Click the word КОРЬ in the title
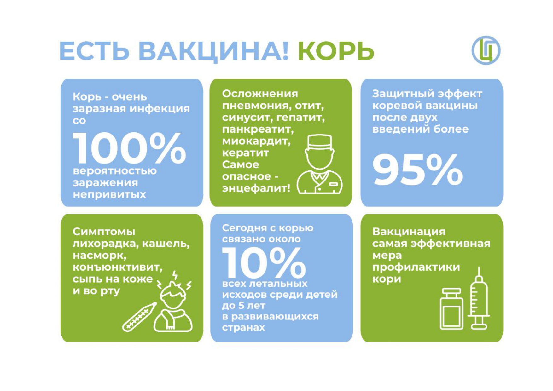tap(336, 51)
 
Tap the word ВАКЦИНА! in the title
tap(213, 51)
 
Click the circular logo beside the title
tap(486, 50)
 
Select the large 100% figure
tap(129, 148)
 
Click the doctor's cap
tap(319, 142)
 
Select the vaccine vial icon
tap(451, 309)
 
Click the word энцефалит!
tap(256, 188)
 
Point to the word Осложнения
tap(260, 94)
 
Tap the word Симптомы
tap(104, 232)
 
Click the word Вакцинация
tap(409, 232)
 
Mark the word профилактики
tap(416, 267)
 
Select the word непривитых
tap(109, 194)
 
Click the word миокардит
tap(256, 141)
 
